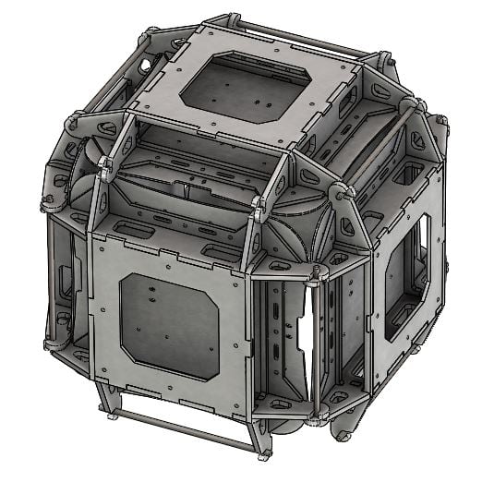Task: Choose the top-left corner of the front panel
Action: pos(92,236)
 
